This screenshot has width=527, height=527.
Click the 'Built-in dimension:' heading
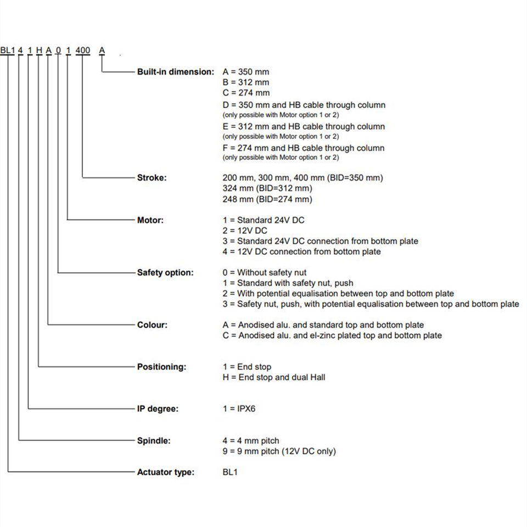(x=176, y=71)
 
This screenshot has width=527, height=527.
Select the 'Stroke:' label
(x=152, y=177)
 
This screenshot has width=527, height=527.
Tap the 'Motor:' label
(x=150, y=220)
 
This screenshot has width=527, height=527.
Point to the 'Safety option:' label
(x=165, y=272)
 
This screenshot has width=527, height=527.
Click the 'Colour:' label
(x=152, y=324)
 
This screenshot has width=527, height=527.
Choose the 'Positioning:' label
(x=161, y=367)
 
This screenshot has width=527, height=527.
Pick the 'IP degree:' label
(x=158, y=408)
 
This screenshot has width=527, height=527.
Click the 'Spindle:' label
(x=154, y=440)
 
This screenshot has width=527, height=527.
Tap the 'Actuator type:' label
(x=166, y=472)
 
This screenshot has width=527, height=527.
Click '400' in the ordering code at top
(x=83, y=51)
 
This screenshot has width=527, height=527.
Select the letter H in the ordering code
(x=40, y=51)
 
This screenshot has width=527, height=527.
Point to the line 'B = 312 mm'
(x=246, y=82)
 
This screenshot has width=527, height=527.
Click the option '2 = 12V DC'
(x=245, y=231)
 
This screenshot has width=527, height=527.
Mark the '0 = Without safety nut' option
(x=264, y=272)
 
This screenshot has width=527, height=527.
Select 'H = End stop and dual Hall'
(x=273, y=377)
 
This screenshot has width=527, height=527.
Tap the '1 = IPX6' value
(x=239, y=408)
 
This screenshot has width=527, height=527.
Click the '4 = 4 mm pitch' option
(x=251, y=441)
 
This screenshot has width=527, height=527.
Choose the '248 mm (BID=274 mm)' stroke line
(x=267, y=199)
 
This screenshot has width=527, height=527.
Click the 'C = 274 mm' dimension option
(x=246, y=92)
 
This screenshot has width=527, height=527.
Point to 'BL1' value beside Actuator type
(x=230, y=472)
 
